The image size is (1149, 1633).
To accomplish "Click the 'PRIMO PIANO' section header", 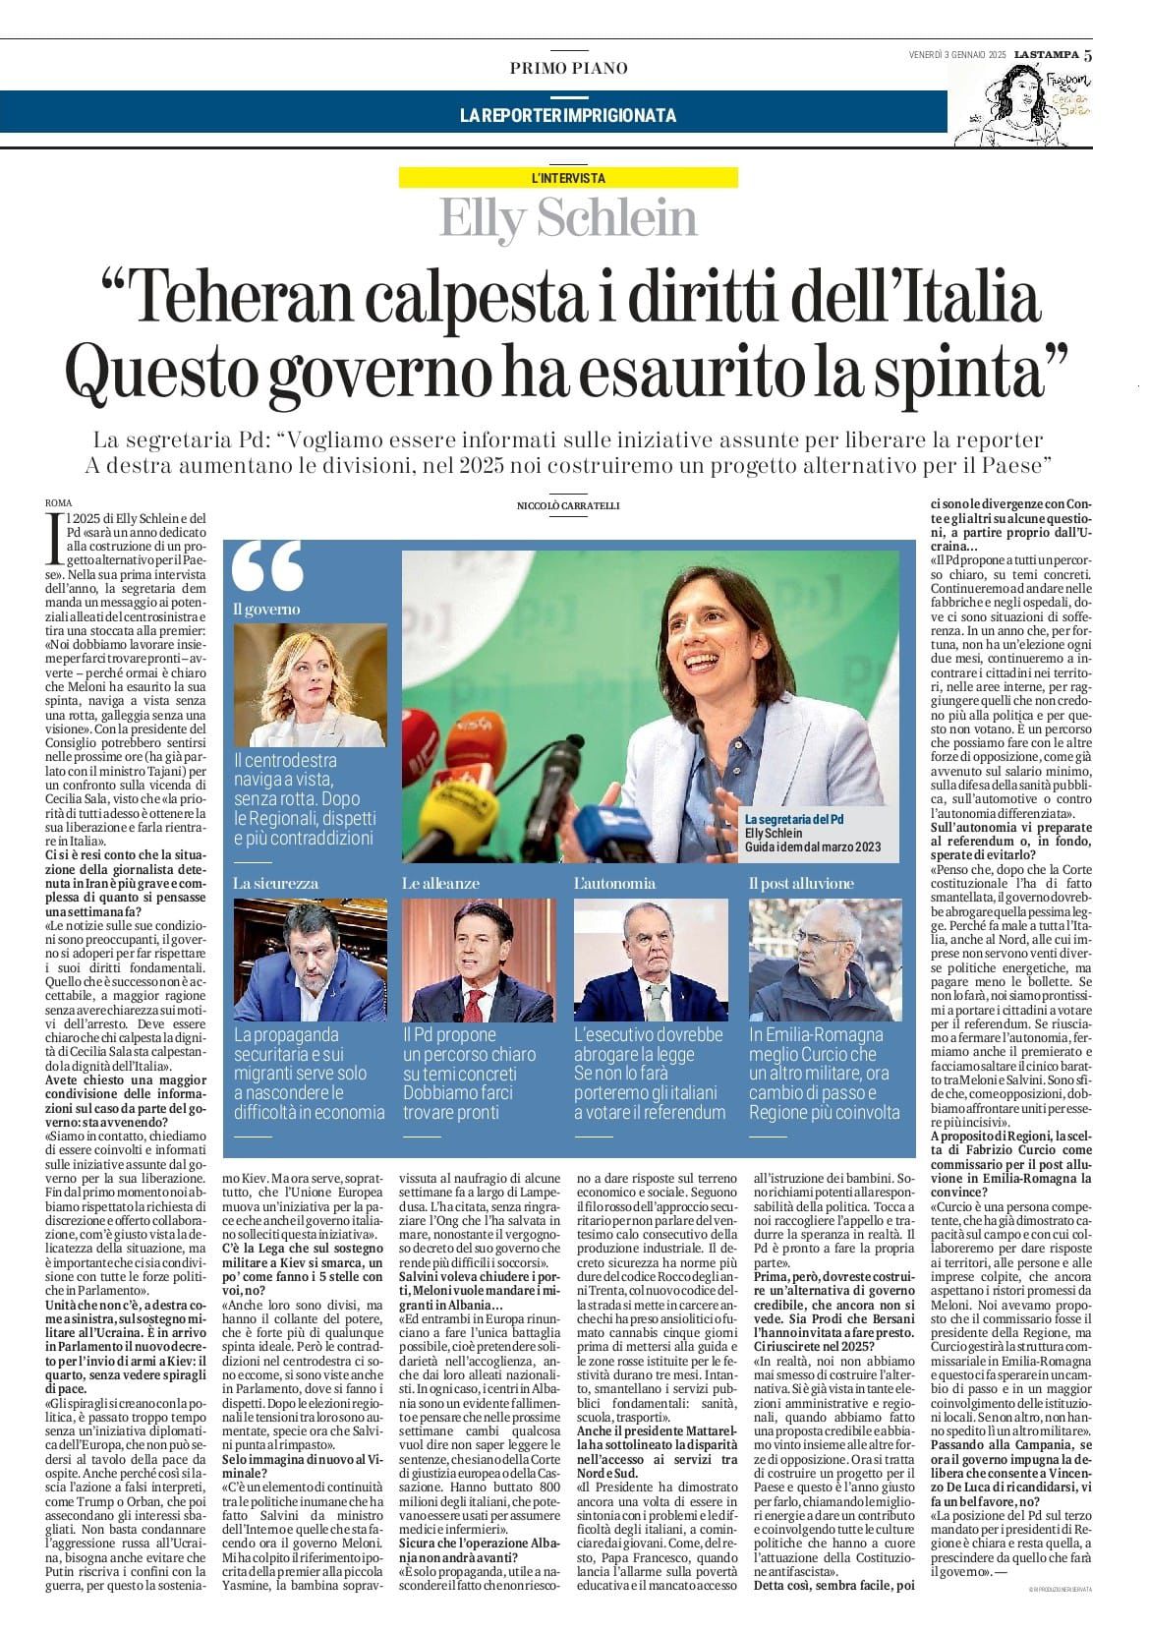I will [568, 68].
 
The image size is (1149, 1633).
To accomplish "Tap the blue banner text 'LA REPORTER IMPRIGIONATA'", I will [568, 116].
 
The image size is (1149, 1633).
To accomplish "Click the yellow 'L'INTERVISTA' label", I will [568, 178].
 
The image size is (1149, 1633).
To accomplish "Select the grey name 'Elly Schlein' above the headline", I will [568, 218].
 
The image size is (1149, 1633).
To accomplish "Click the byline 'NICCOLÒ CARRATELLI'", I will [568, 505].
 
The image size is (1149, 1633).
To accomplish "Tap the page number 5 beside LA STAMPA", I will [1088, 55].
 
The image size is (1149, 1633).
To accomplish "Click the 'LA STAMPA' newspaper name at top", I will [1046, 55].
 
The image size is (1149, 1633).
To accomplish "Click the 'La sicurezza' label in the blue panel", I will [276, 884].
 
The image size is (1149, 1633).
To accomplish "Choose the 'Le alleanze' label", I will [440, 884].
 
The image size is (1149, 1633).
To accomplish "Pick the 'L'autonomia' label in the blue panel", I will [614, 884].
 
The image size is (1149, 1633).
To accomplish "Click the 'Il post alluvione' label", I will [801, 884].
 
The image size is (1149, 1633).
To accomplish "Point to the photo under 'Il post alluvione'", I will [825, 959].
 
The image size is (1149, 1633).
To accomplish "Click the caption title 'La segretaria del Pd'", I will [794, 820].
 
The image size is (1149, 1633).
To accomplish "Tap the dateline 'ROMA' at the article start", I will [59, 503].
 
